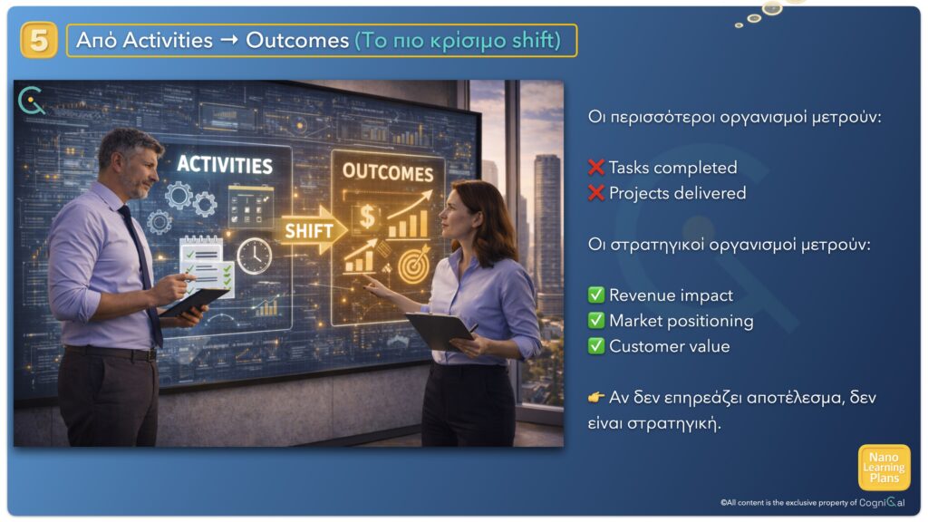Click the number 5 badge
click(x=39, y=40)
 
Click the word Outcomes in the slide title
click(x=297, y=40)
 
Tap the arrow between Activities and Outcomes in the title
click(x=229, y=40)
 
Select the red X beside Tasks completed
click(x=596, y=168)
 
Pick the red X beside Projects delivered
click(x=596, y=193)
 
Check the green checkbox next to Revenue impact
click(x=596, y=295)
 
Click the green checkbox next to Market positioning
click(x=596, y=320)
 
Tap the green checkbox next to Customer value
click(x=596, y=345)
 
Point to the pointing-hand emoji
click(x=596, y=397)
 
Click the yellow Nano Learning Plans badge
click(x=884, y=468)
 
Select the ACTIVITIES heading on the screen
click(x=225, y=165)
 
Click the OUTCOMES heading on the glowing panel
click(x=388, y=172)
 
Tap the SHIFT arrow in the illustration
click(x=311, y=230)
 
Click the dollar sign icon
click(x=367, y=217)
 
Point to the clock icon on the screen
click(x=255, y=256)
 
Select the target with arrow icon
click(x=414, y=265)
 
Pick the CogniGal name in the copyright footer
click(x=882, y=502)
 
